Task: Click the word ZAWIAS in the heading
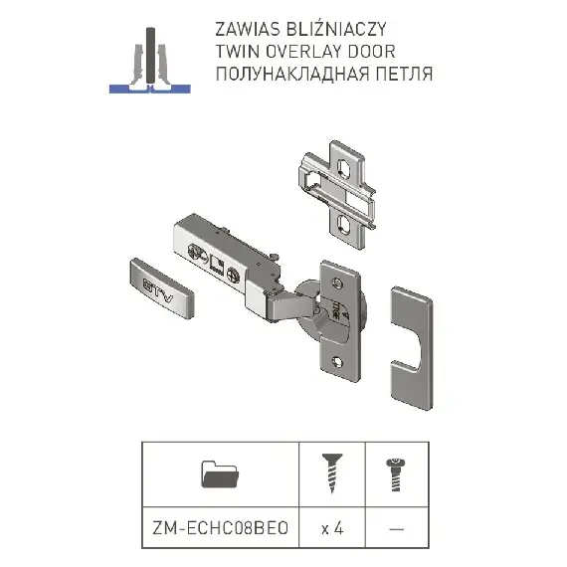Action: tap(248, 30)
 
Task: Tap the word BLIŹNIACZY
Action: tap(336, 29)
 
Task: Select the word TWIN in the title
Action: tap(237, 52)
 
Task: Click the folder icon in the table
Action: tap(220, 474)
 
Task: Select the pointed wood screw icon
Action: tap(332, 473)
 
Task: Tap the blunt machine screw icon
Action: tap(396, 474)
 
